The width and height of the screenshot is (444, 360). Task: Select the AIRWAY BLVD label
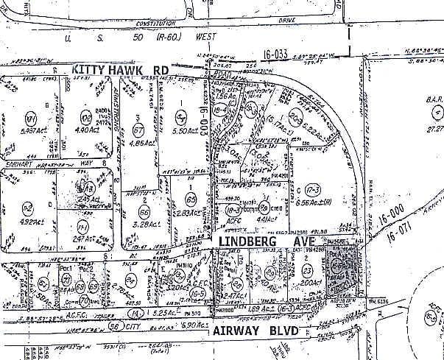point(256,332)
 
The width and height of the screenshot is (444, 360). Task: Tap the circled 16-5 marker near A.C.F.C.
point(197,292)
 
